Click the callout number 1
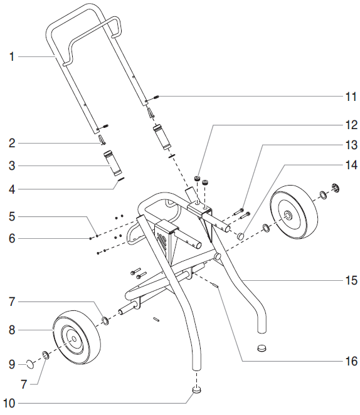point(11,57)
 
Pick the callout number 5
point(11,217)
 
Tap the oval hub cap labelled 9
point(29,364)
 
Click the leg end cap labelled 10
point(198,391)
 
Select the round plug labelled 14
point(240,236)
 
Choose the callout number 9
point(11,363)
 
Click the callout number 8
point(11,328)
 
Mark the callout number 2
point(11,144)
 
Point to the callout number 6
point(11,238)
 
